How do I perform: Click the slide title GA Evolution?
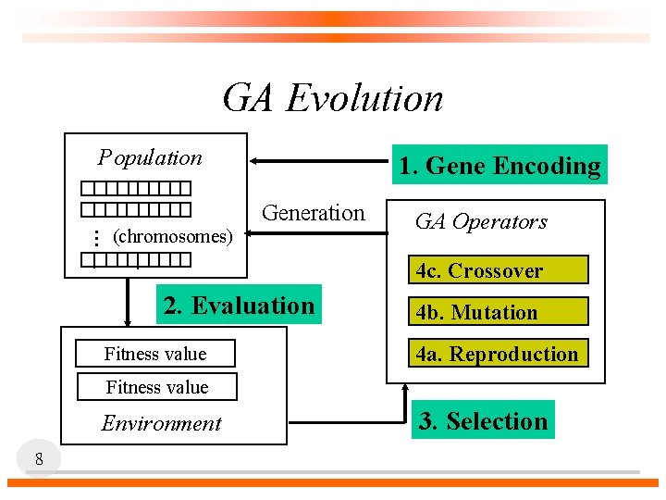click(333, 97)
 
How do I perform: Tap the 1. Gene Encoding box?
click(499, 166)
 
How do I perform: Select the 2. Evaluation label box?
click(239, 305)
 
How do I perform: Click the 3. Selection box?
click(483, 420)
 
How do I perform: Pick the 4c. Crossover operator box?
click(498, 270)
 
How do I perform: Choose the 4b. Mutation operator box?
click(498, 312)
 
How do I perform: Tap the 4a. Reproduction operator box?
click(498, 354)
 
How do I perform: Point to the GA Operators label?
click(481, 221)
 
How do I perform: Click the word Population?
click(151, 157)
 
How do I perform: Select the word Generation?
click(314, 213)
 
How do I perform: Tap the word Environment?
click(162, 423)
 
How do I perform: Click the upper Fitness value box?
click(155, 354)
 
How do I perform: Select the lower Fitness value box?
click(157, 387)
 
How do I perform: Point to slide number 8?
click(39, 458)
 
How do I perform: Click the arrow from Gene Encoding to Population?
click(314, 161)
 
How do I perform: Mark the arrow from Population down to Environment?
click(128, 301)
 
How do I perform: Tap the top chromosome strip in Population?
click(141, 188)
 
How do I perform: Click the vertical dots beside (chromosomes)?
click(95, 237)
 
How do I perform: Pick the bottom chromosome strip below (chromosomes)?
click(141, 258)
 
